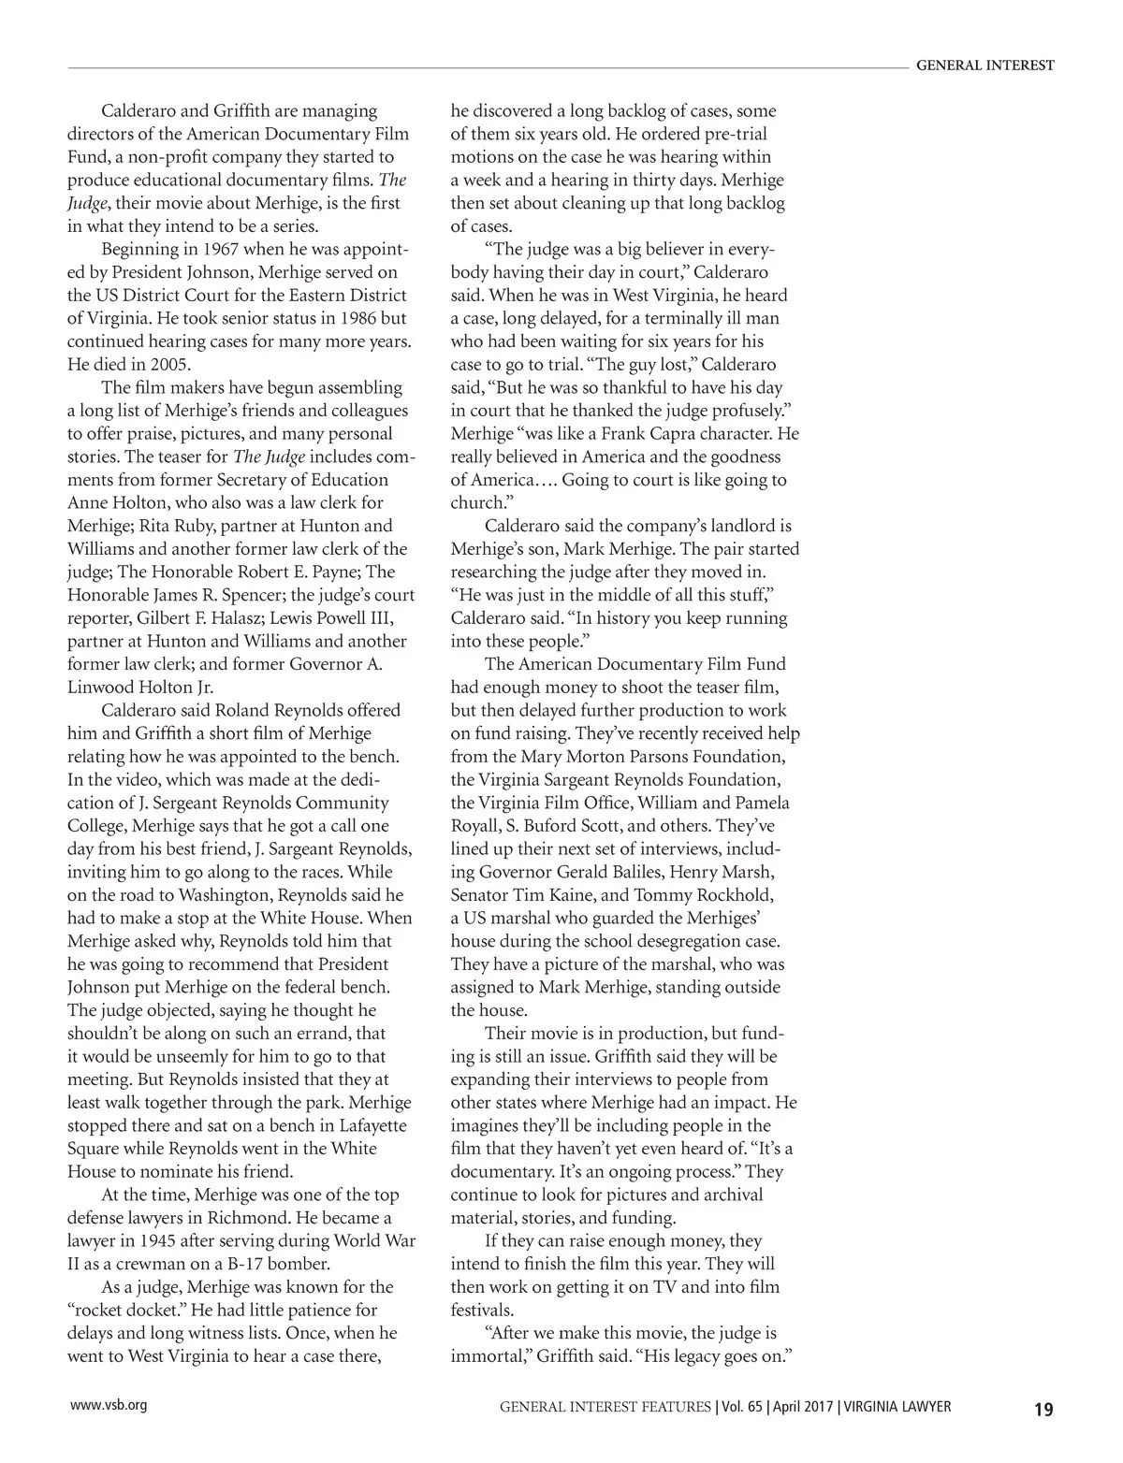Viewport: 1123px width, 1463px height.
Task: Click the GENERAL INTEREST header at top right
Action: (984, 65)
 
